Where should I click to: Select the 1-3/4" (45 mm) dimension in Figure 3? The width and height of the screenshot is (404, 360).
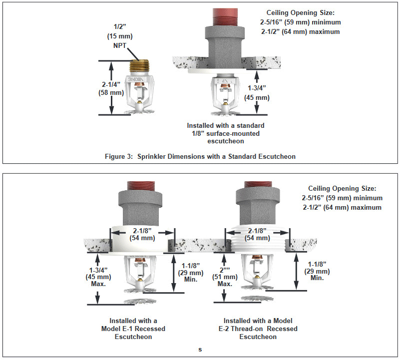pyautogui.click(x=258, y=93)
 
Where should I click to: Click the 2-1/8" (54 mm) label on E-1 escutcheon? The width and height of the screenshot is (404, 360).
pyautogui.click(x=142, y=234)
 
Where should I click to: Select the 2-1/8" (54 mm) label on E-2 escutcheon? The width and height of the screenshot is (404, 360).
pyautogui.click(x=259, y=234)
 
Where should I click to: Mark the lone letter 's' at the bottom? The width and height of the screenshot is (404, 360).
pyautogui.click(x=200, y=350)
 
